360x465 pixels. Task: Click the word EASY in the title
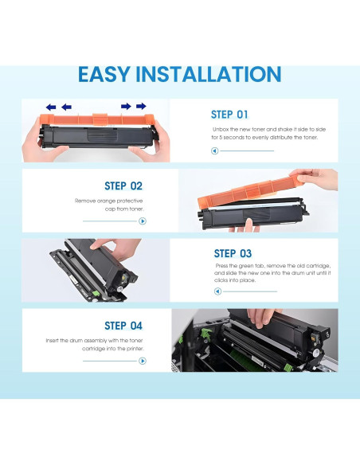click(104, 74)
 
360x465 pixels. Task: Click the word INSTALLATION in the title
click(208, 74)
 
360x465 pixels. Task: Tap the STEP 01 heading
click(229, 115)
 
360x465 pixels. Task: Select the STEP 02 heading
click(123, 186)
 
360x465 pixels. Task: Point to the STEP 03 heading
click(233, 253)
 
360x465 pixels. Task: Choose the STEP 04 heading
click(123, 326)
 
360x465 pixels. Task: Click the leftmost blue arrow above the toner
click(51, 107)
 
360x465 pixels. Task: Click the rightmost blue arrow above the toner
click(141, 106)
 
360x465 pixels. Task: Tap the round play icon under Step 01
click(215, 151)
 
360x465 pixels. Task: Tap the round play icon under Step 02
click(143, 221)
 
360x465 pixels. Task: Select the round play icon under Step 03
click(217, 291)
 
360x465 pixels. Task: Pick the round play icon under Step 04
click(143, 361)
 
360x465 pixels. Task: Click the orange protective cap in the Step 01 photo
click(97, 119)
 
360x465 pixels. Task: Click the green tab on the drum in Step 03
click(96, 293)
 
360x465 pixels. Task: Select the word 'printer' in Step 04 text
click(135, 349)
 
